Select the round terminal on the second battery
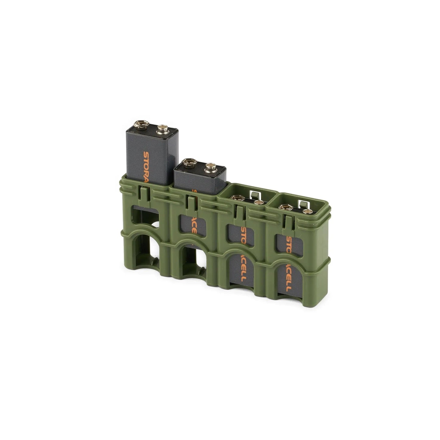209,166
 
